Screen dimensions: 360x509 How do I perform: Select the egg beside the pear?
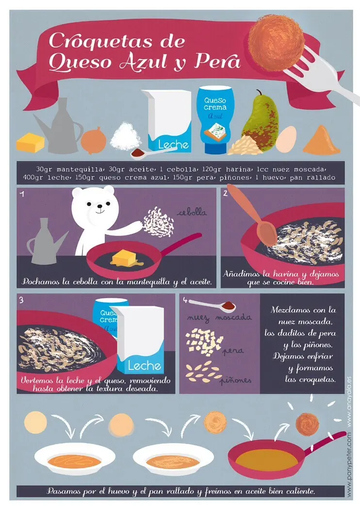(286, 139)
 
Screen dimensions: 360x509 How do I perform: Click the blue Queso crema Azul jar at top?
(215, 119)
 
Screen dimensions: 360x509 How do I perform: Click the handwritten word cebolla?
(192, 213)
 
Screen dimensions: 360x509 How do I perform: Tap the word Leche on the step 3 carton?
(144, 366)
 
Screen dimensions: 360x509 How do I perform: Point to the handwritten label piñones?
(236, 380)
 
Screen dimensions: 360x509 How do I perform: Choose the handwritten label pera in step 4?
(233, 350)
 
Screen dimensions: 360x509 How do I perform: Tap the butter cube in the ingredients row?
(30, 142)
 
